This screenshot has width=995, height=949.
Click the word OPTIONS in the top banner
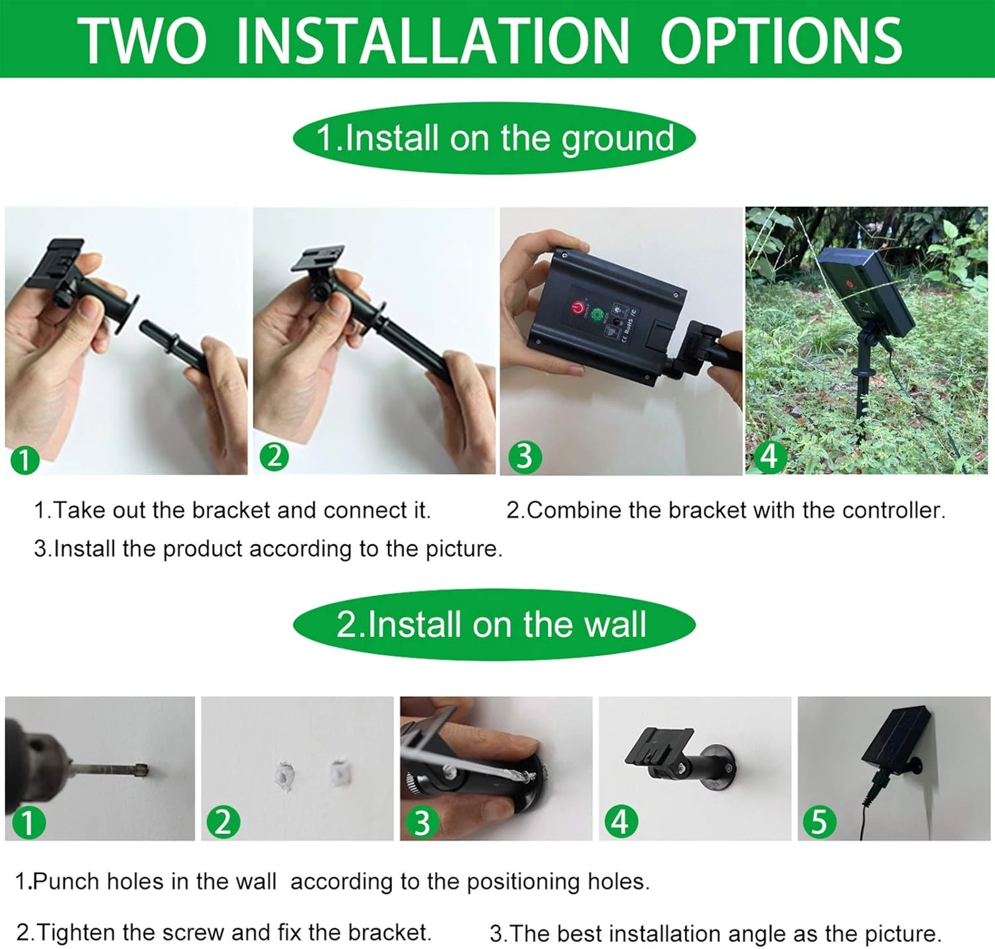[x=781, y=40]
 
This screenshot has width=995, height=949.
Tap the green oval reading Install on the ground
[x=494, y=138]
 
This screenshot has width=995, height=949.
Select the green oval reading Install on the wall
[x=494, y=624]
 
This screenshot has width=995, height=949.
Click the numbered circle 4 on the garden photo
[x=768, y=457]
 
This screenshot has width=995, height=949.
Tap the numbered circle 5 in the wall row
[x=819, y=822]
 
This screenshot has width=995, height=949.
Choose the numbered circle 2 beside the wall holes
[x=224, y=822]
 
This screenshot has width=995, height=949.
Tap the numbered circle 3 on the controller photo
[x=525, y=457]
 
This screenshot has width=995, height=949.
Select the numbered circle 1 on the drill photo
[x=28, y=823]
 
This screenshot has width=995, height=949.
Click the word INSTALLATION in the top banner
[x=432, y=40]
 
